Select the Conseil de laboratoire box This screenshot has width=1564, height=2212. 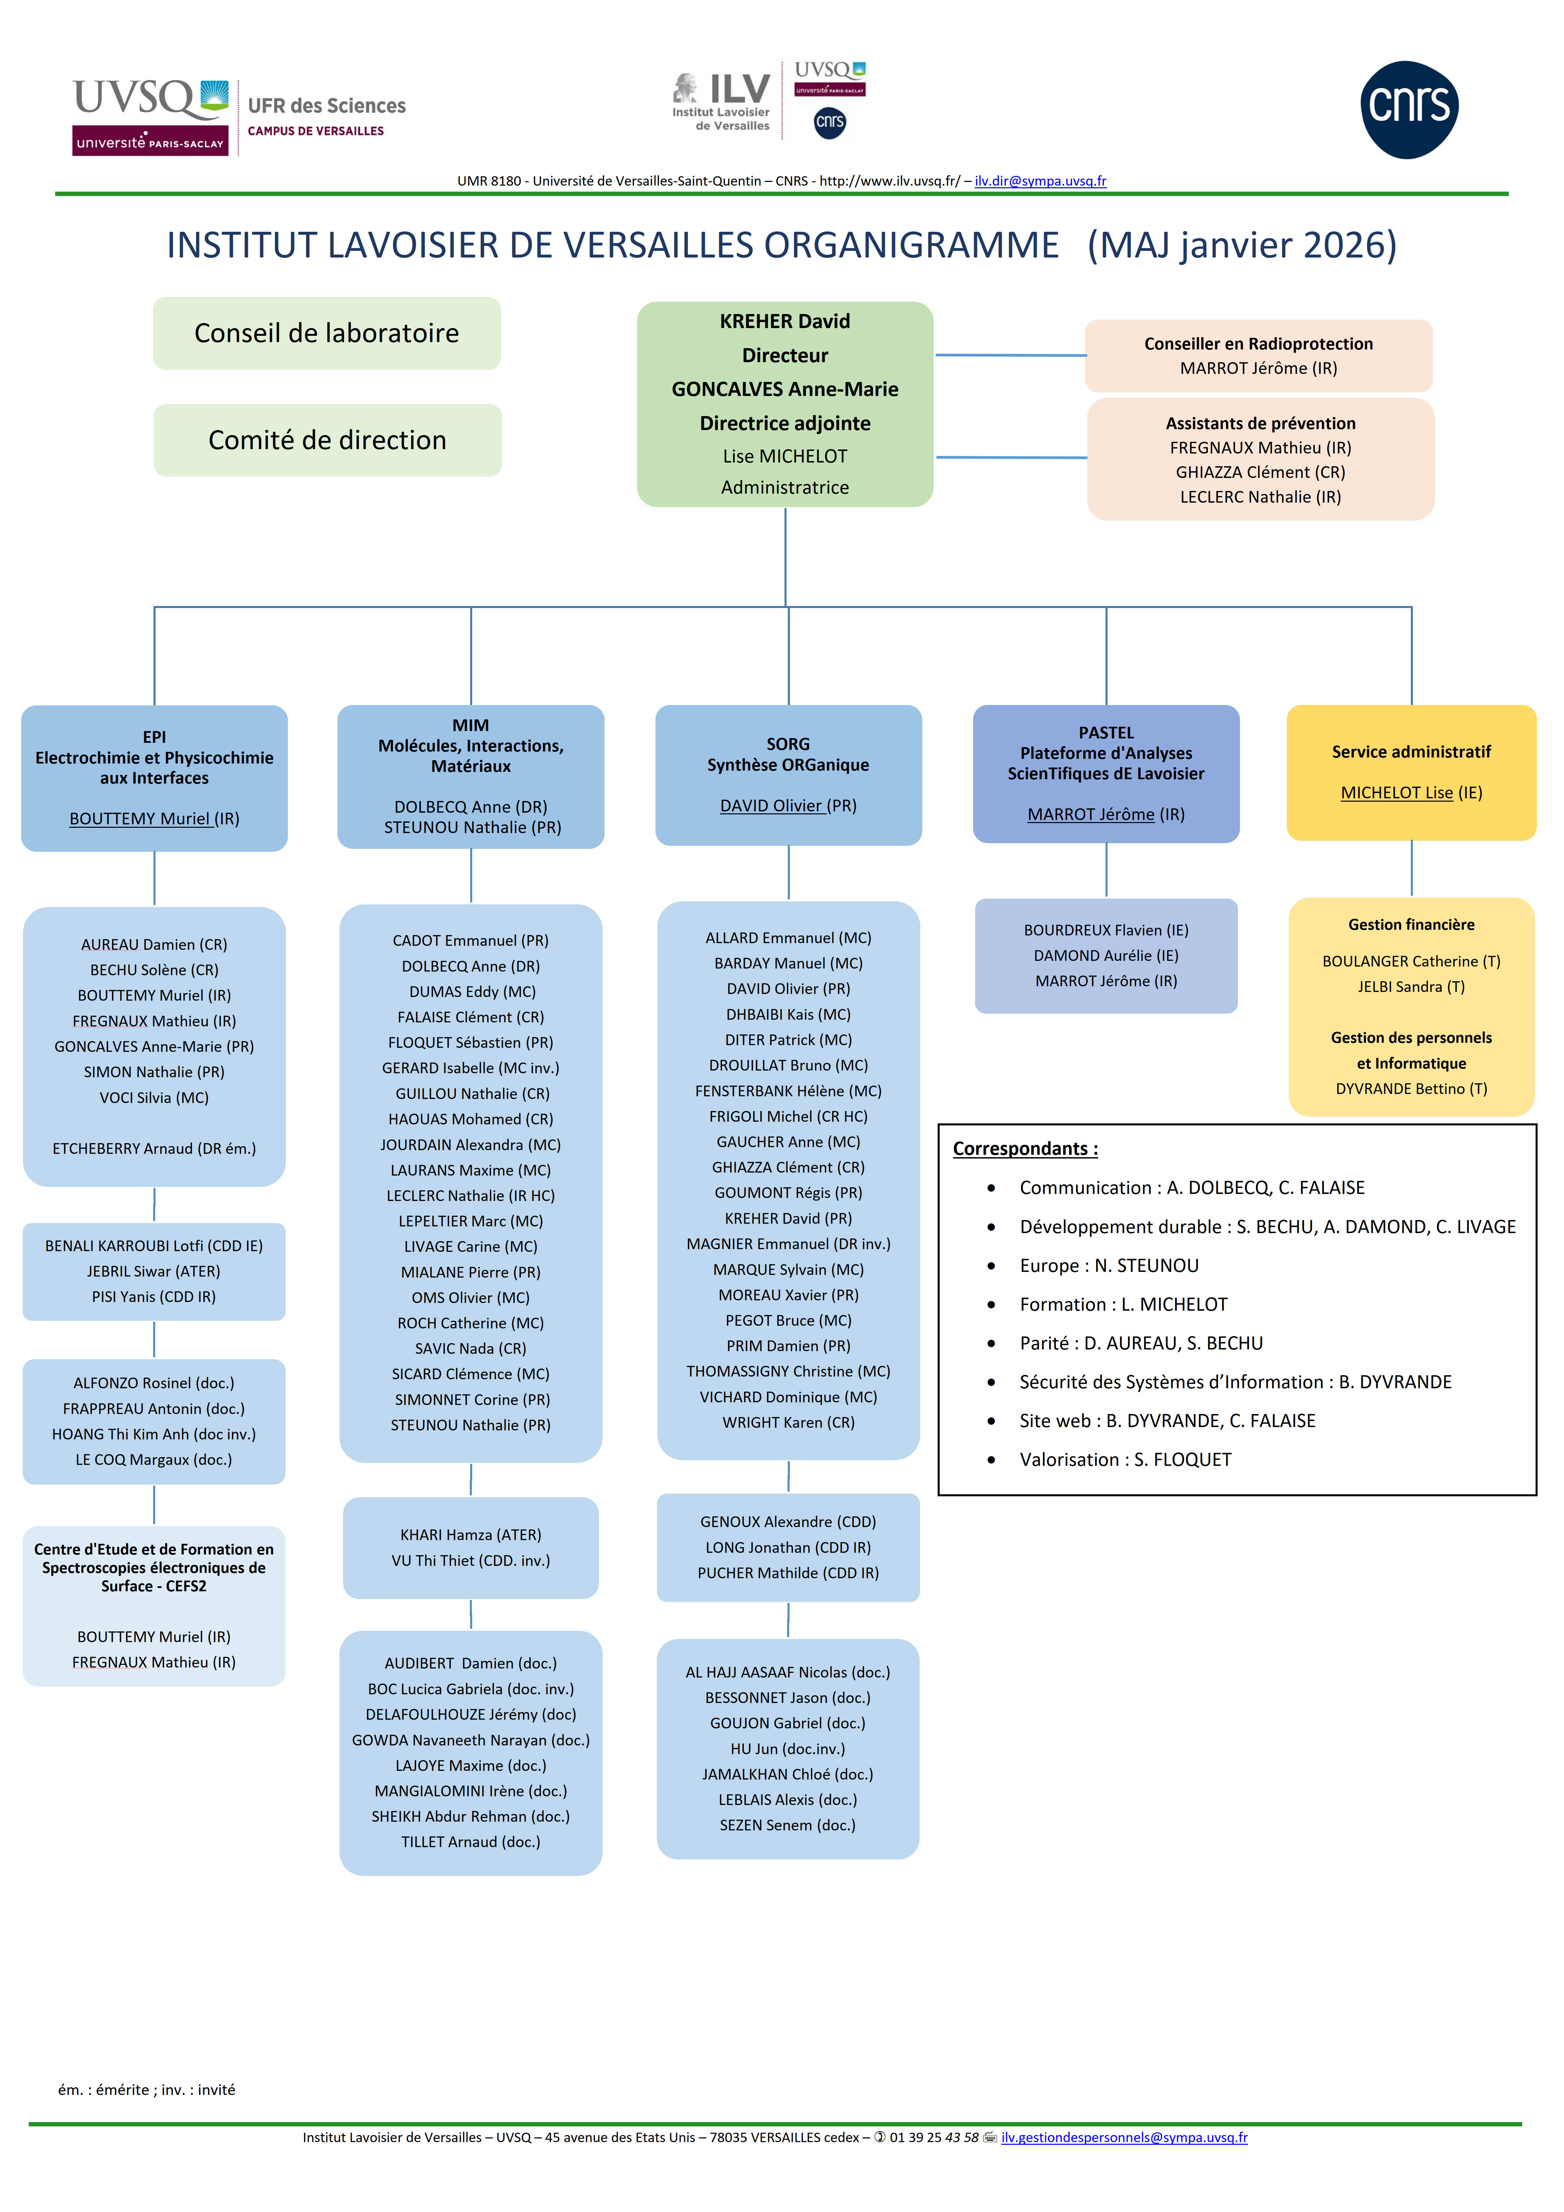point(326,333)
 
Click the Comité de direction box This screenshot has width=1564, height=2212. point(327,440)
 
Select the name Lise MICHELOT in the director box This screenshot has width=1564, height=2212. point(785,457)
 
